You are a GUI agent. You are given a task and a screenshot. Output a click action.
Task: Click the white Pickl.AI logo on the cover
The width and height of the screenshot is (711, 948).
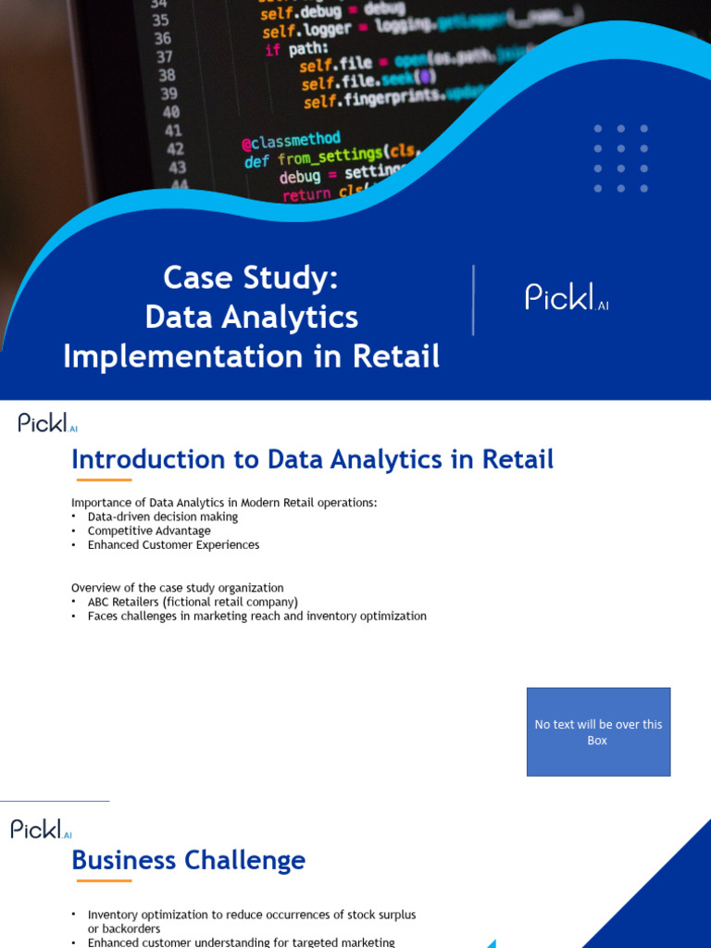click(x=567, y=297)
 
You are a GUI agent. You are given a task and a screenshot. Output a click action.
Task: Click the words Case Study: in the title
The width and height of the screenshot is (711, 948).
click(x=251, y=277)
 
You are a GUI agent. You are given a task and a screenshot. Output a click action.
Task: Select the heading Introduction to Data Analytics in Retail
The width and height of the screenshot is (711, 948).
click(x=312, y=459)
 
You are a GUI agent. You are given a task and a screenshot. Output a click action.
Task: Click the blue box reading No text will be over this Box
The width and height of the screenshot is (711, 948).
click(x=598, y=731)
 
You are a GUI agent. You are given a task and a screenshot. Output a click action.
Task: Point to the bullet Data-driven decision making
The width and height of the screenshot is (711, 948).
click(x=163, y=517)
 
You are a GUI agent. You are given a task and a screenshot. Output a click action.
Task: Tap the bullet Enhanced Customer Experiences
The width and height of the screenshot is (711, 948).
click(x=173, y=544)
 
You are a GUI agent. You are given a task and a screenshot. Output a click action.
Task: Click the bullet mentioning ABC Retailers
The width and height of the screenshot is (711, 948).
click(x=193, y=602)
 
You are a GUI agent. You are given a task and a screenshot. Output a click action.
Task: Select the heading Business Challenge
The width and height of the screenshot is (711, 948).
click(x=188, y=860)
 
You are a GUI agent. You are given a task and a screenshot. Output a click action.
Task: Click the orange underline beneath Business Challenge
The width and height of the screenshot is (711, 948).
click(x=102, y=880)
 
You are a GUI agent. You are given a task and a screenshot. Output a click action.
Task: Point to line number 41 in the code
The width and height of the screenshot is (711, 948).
click(x=173, y=131)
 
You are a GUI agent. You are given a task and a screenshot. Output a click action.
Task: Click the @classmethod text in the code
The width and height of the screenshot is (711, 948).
click(x=291, y=142)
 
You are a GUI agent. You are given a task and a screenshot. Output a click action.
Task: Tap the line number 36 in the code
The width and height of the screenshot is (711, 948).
click(x=163, y=39)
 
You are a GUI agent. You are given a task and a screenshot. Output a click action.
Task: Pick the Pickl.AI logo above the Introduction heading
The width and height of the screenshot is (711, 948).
click(x=47, y=423)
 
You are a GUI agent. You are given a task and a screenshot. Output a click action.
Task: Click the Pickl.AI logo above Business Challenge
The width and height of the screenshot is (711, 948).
click(x=41, y=829)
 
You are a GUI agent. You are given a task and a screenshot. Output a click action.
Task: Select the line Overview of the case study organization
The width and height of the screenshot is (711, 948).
click(x=178, y=588)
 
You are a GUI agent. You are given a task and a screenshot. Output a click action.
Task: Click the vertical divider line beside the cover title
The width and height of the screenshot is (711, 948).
click(x=473, y=300)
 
